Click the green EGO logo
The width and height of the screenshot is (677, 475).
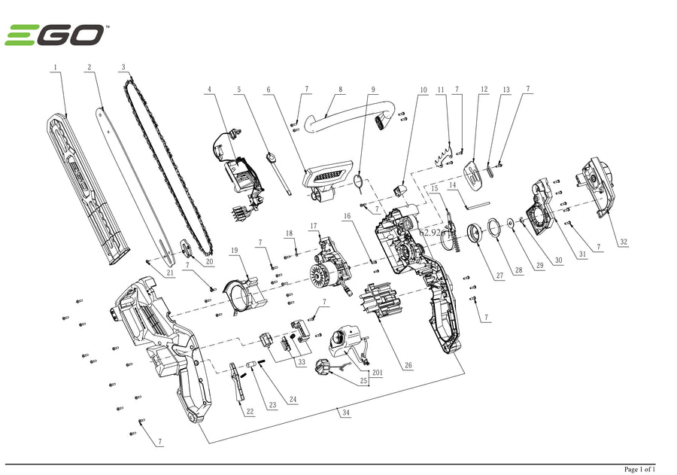click(x=55, y=35)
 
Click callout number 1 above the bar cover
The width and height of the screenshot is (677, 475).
click(x=55, y=68)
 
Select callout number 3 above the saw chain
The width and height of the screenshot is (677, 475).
click(x=123, y=68)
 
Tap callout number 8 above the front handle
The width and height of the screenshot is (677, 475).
click(x=340, y=90)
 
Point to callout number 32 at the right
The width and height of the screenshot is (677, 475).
click(x=624, y=242)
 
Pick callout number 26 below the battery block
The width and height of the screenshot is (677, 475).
click(x=408, y=367)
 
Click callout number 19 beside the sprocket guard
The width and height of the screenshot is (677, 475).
click(x=235, y=250)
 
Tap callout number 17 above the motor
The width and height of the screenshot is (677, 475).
click(x=314, y=226)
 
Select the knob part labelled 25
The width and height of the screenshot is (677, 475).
click(x=324, y=367)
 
